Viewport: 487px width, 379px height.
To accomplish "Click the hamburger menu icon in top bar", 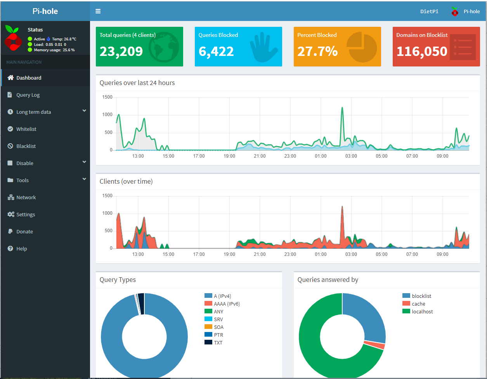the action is (x=98, y=11).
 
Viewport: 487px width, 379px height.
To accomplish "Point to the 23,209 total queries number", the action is (x=121, y=51).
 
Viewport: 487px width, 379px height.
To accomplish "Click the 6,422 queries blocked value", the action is (x=216, y=51).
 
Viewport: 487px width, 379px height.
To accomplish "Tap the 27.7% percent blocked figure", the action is (x=317, y=51).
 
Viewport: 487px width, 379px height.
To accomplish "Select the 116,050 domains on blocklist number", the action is (x=422, y=51).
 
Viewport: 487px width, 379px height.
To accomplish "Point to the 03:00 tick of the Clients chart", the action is (x=351, y=254).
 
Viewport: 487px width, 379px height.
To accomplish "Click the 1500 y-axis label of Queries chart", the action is (x=107, y=97).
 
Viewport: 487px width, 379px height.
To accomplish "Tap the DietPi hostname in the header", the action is (x=429, y=11).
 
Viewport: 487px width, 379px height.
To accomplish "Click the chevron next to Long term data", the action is (x=84, y=111).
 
